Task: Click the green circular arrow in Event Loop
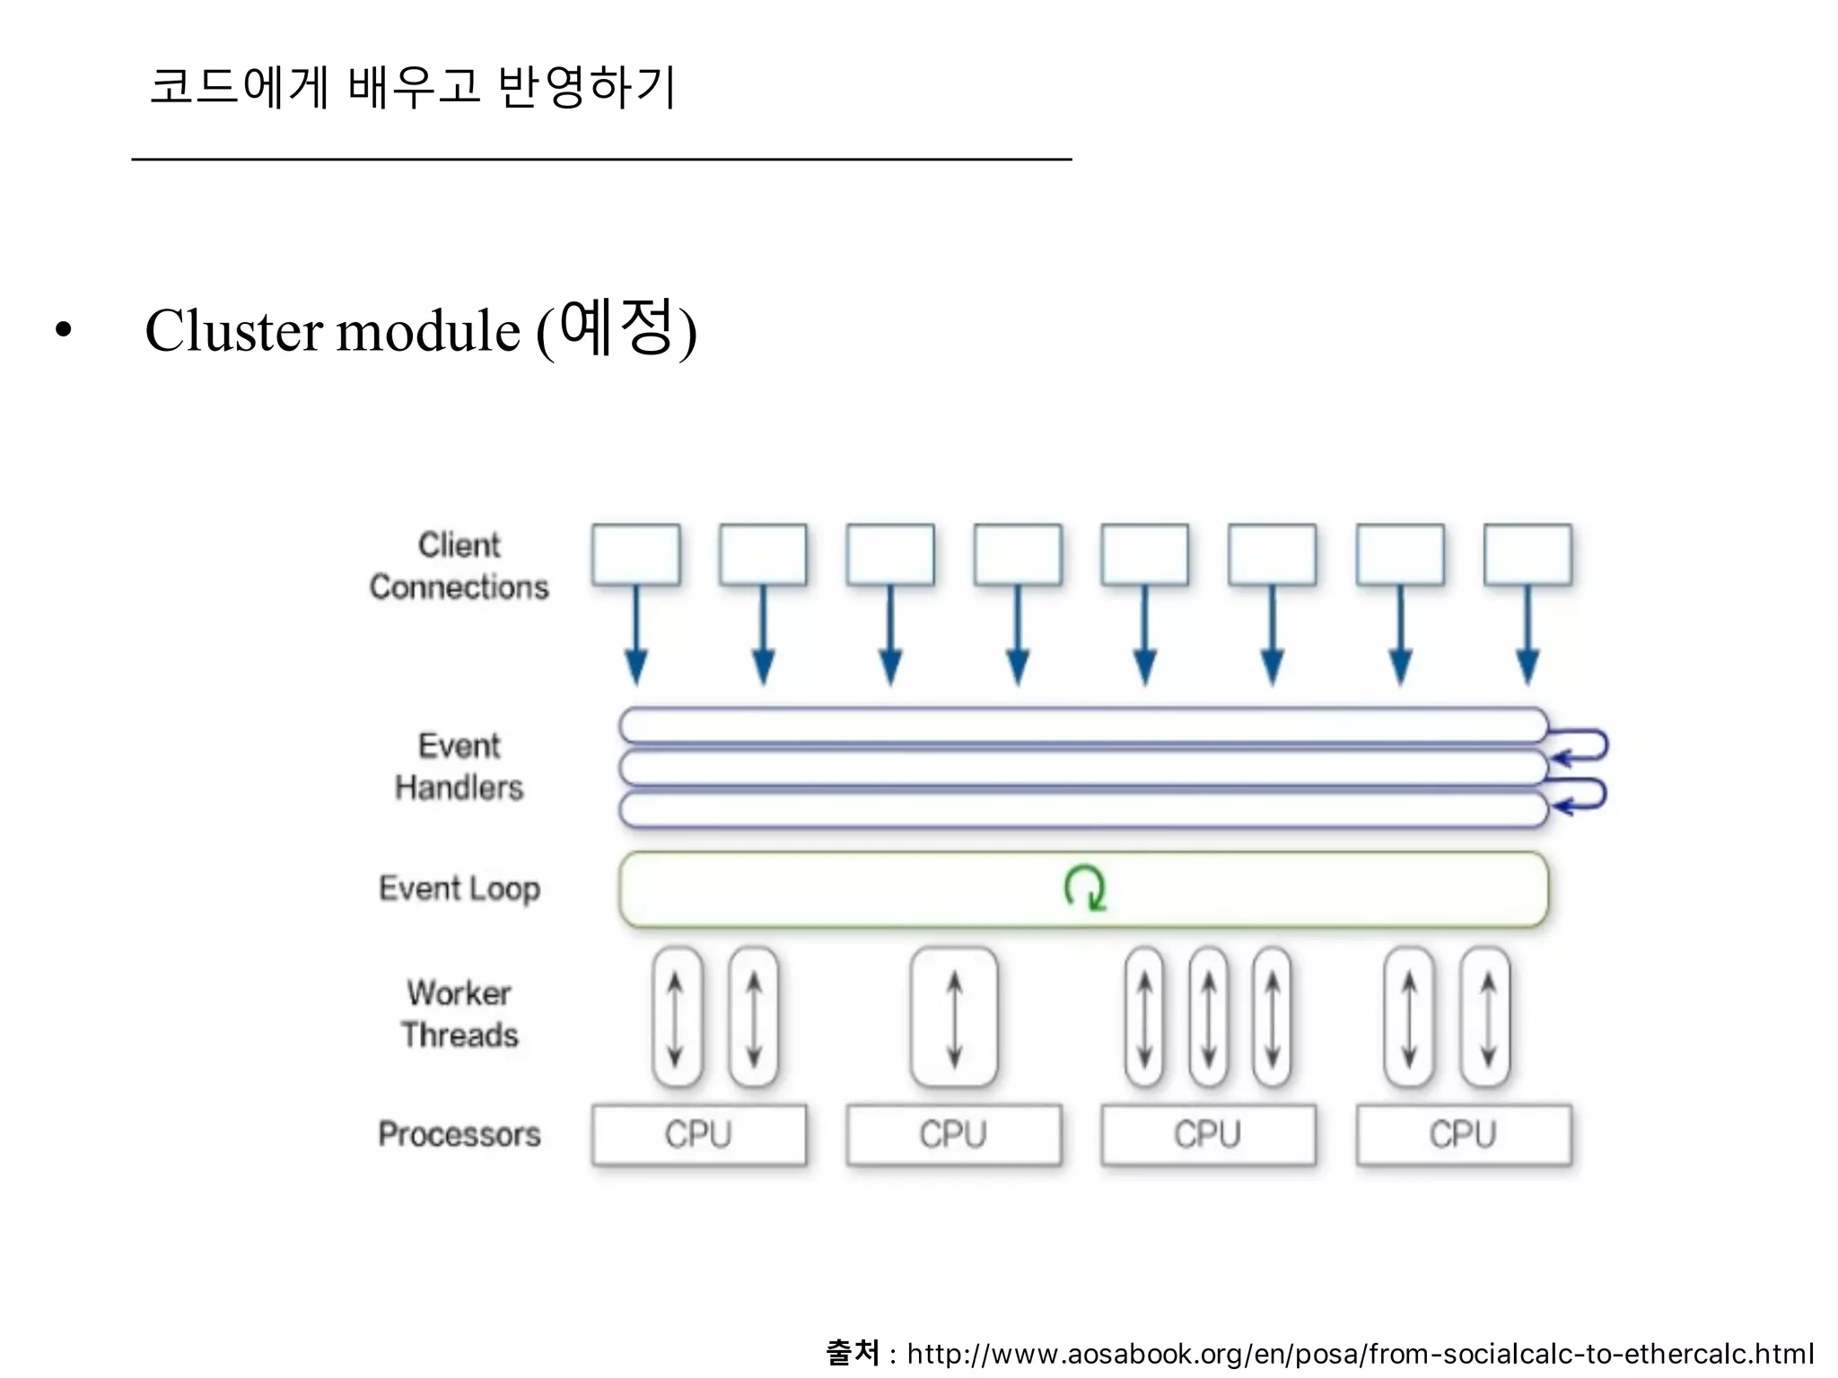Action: point(1084,888)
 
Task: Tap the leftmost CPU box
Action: point(698,1135)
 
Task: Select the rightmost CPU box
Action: point(1464,1135)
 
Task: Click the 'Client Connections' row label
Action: point(459,566)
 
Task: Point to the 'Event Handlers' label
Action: point(459,767)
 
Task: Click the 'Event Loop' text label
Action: point(459,889)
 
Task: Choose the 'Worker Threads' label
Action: point(459,1015)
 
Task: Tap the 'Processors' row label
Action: point(459,1135)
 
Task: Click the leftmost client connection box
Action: point(635,555)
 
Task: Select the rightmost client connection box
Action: point(1527,555)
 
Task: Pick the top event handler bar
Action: point(1082,725)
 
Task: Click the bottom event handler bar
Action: point(1082,810)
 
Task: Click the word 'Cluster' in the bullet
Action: point(234,331)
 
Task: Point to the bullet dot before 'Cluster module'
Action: point(63,331)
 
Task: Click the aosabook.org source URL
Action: point(1360,1354)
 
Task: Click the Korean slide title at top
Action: point(412,87)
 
